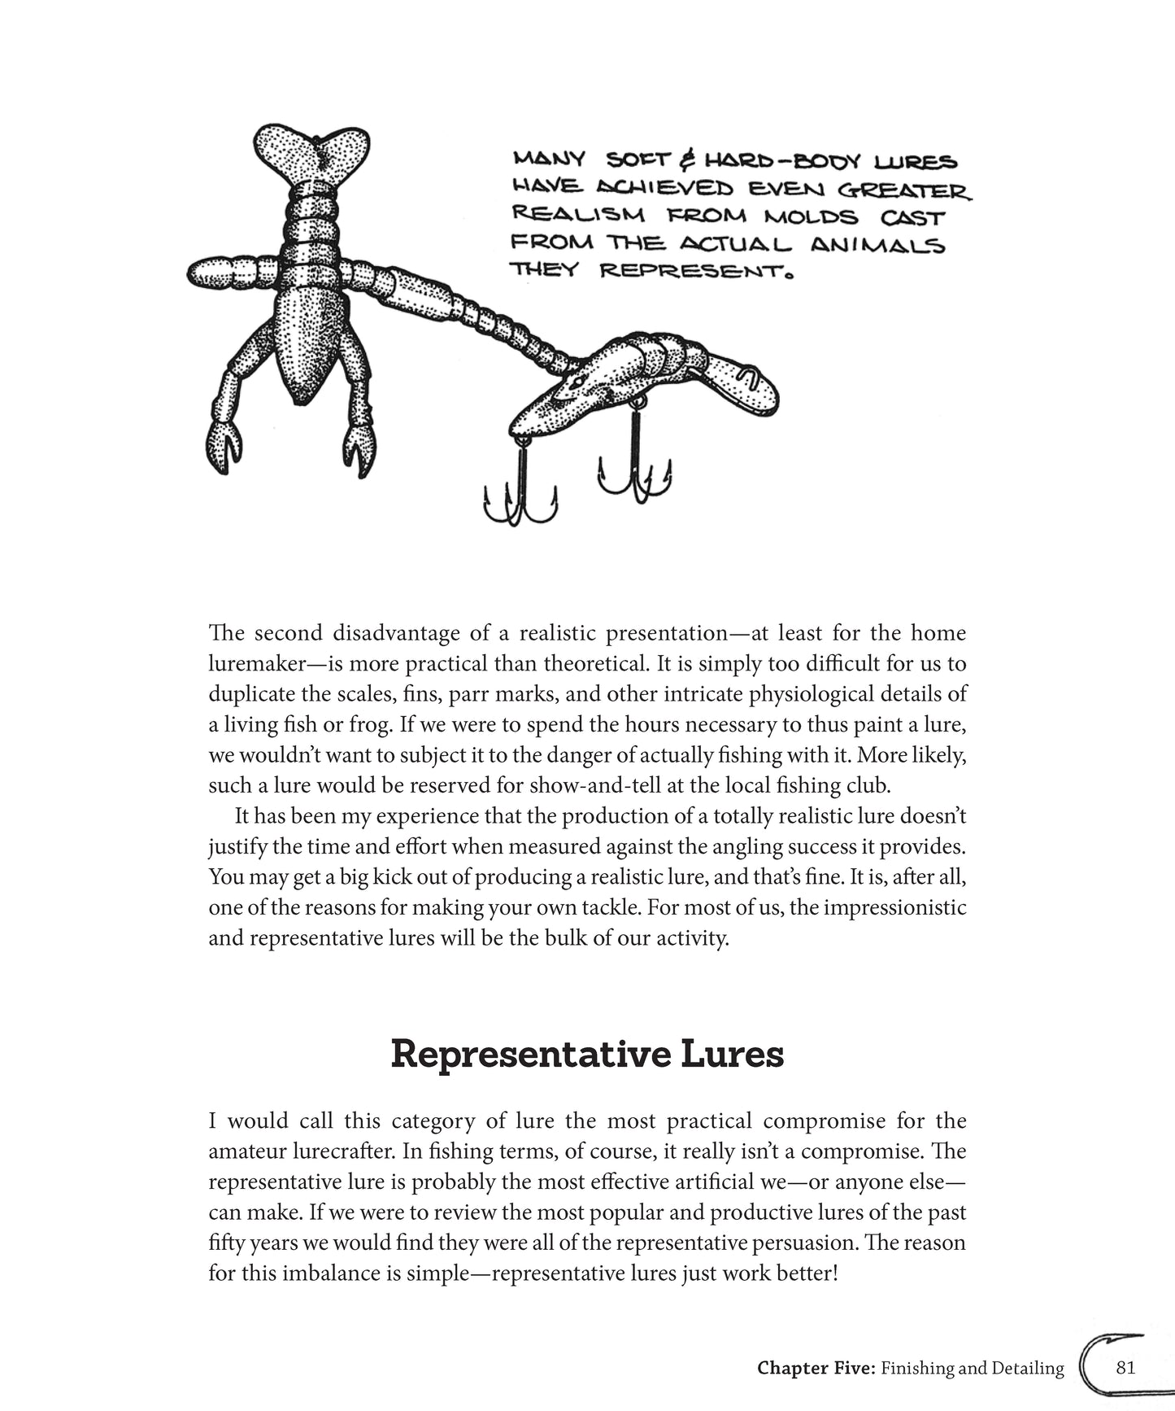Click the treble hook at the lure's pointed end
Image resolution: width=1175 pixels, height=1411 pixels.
click(x=519, y=488)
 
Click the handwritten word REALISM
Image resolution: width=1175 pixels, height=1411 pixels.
click(x=577, y=215)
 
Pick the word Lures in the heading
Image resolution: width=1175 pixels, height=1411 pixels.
click(x=729, y=1055)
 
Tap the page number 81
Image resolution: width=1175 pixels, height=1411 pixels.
click(x=1125, y=1367)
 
